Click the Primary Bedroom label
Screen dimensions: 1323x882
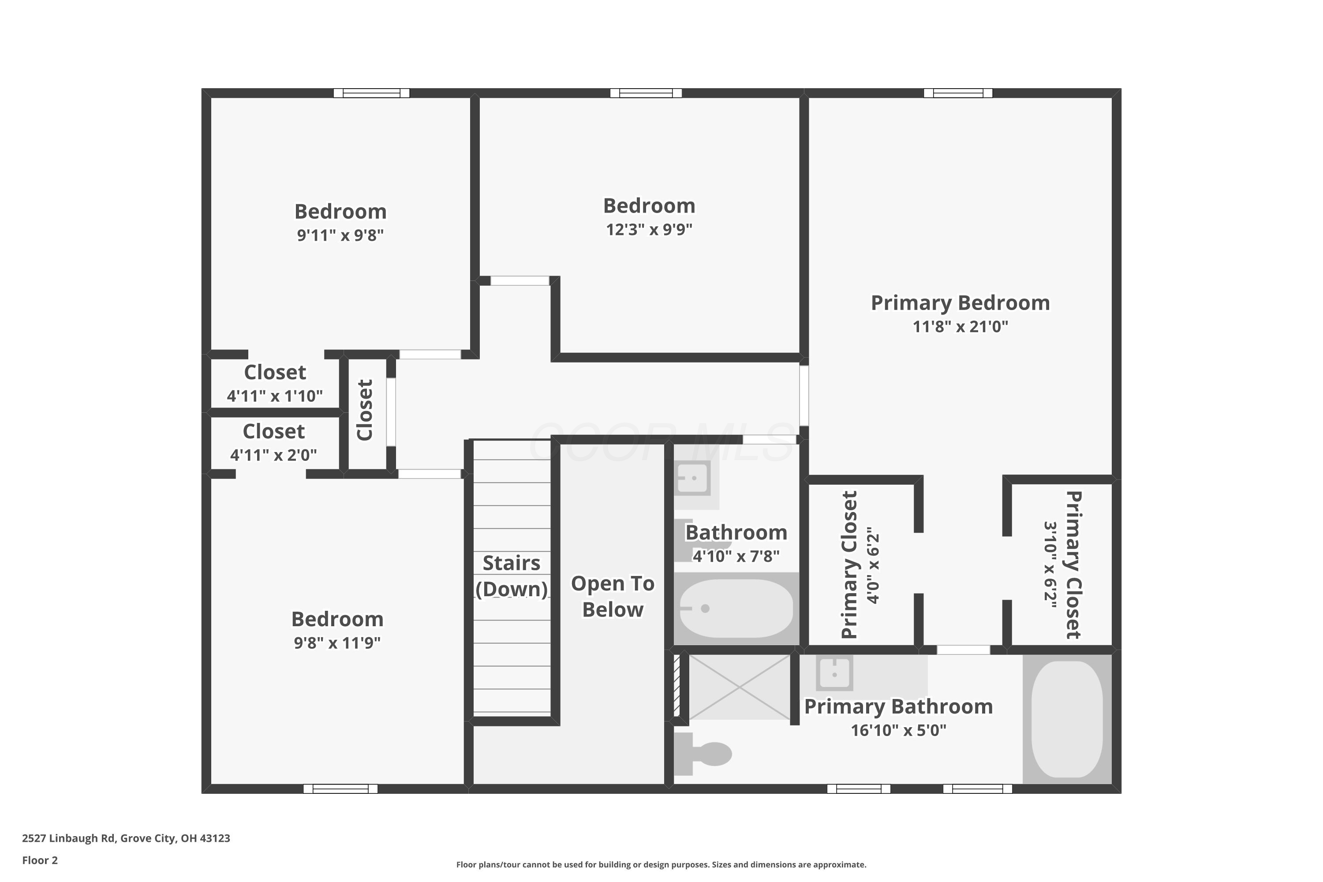tap(960, 303)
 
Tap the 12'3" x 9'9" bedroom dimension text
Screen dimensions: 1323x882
tap(649, 229)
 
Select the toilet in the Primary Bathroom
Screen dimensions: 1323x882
tap(703, 754)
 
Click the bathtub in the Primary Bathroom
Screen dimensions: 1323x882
tap(1067, 719)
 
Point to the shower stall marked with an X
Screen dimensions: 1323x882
tap(739, 687)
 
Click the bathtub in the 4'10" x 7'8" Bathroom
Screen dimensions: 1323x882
tap(736, 609)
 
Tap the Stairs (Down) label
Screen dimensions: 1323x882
tap(511, 576)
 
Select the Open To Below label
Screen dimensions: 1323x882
tap(613, 597)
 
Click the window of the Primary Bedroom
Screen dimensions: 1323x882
tap(958, 93)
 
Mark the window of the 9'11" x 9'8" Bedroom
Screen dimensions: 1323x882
tap(371, 93)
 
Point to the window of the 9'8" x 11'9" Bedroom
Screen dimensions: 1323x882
tap(340, 789)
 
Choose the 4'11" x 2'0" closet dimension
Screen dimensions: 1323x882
tap(274, 455)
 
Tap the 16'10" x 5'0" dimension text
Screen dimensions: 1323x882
tap(898, 730)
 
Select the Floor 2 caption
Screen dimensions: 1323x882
tap(40, 860)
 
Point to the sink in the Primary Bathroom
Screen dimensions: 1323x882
tap(835, 673)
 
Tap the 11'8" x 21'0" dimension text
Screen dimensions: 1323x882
tap(960, 327)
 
